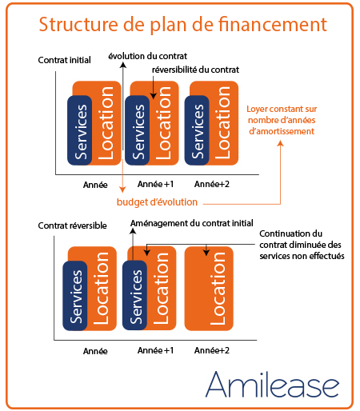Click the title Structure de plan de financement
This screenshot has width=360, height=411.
click(183, 25)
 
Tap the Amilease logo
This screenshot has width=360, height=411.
click(272, 384)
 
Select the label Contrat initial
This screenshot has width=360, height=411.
click(64, 60)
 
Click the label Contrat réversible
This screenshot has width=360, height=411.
click(72, 225)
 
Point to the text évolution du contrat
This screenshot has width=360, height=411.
click(147, 56)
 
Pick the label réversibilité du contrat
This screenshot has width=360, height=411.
click(195, 70)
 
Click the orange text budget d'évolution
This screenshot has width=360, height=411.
click(157, 202)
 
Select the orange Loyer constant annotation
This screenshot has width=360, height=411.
click(282, 120)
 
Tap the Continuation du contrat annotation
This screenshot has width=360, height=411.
click(302, 245)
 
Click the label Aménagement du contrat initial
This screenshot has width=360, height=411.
click(192, 223)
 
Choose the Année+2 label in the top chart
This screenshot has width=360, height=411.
click(212, 184)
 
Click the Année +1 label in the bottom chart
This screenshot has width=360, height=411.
click(155, 350)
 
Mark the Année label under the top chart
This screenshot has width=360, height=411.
click(95, 185)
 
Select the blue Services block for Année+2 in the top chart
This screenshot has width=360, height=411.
click(197, 130)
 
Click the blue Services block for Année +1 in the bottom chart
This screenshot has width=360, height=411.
click(134, 295)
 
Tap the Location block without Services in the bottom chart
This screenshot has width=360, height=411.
click(209, 289)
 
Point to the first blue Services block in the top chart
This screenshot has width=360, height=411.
click(79, 130)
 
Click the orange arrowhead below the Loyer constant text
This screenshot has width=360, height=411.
click(280, 143)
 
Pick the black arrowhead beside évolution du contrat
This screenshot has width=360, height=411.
click(122, 65)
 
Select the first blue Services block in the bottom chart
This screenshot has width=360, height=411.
click(75, 296)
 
